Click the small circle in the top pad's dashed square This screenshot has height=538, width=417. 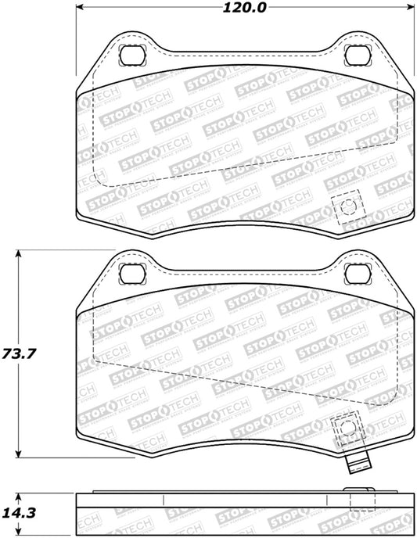[x=348, y=208]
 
